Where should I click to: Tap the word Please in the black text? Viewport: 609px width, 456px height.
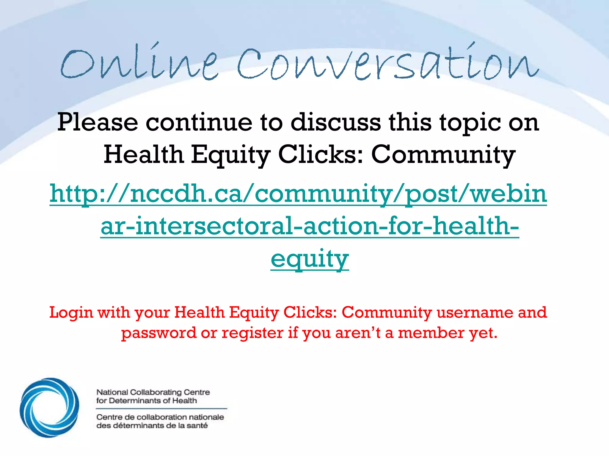pyautogui.click(x=98, y=122)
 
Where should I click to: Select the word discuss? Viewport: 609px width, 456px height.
pyautogui.click(x=336, y=122)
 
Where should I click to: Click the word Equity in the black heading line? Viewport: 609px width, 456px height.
pyautogui.click(x=230, y=155)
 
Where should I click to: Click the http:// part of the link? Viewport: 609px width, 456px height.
pyautogui.click(x=89, y=194)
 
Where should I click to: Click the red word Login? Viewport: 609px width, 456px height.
pyautogui.click(x=71, y=313)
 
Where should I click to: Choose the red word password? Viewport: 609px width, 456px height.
pyautogui.click(x=159, y=333)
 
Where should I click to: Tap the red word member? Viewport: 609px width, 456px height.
pyautogui.click(x=431, y=332)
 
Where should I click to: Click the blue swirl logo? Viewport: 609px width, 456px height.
pyautogui.click(x=50, y=407)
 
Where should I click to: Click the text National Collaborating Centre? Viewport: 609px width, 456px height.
pyautogui.click(x=153, y=392)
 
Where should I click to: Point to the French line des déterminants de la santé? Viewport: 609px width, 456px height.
pyautogui.click(x=152, y=426)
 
